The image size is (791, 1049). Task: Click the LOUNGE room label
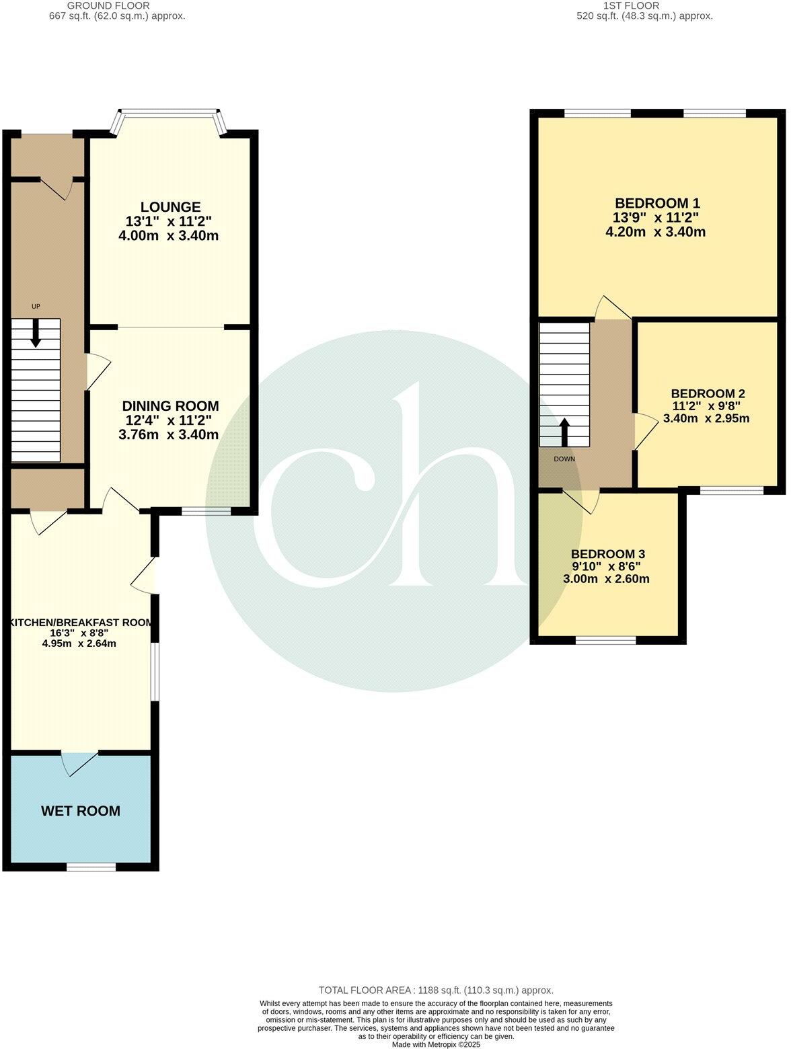(171, 207)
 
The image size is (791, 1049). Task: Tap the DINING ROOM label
(171, 406)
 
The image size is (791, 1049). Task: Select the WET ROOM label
(81, 811)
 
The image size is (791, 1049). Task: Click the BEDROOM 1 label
(658, 203)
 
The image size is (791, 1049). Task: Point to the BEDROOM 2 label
(708, 394)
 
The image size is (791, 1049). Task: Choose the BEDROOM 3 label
(608, 554)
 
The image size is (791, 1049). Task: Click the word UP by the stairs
(36, 307)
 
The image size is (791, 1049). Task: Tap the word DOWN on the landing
(564, 459)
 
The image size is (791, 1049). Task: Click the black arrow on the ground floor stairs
(36, 334)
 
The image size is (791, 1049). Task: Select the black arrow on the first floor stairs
(565, 432)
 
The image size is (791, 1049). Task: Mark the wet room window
(91, 867)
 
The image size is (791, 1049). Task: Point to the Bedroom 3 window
(606, 641)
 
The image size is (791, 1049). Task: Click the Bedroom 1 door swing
(612, 308)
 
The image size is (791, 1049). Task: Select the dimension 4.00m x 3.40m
(171, 236)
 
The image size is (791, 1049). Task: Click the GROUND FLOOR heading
(117, 6)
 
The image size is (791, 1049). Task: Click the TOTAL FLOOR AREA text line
(436, 990)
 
